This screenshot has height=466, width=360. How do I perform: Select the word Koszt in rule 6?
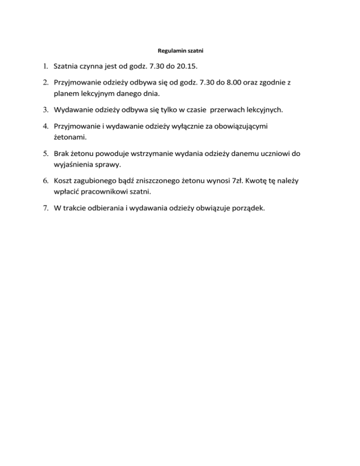tap(64, 181)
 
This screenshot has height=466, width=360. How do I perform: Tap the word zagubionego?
tap(101, 181)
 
